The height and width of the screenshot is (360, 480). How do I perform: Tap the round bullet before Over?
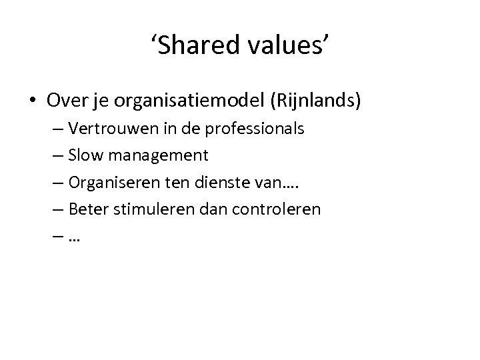[x=33, y=101]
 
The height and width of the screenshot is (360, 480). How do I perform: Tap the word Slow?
[x=87, y=155]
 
